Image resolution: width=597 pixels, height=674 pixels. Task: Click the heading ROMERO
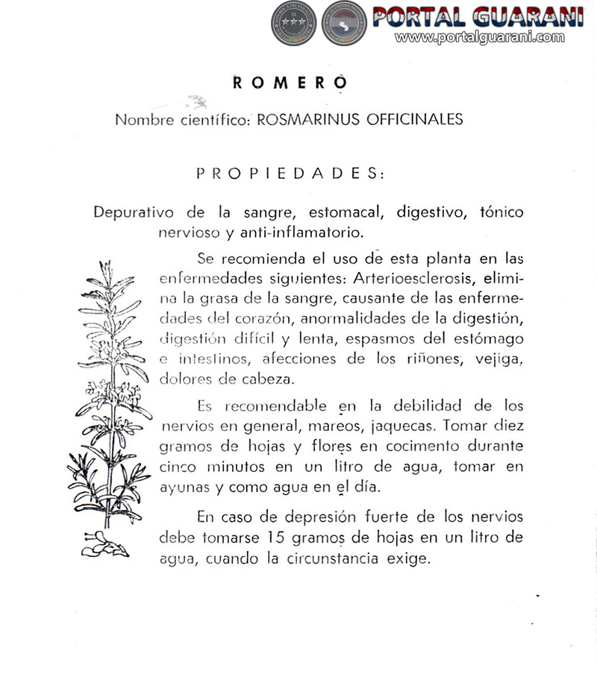click(290, 83)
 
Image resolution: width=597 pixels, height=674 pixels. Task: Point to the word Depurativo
click(134, 212)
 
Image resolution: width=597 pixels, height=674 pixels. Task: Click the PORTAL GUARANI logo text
click(478, 16)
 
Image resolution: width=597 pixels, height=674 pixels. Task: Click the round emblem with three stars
click(293, 22)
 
